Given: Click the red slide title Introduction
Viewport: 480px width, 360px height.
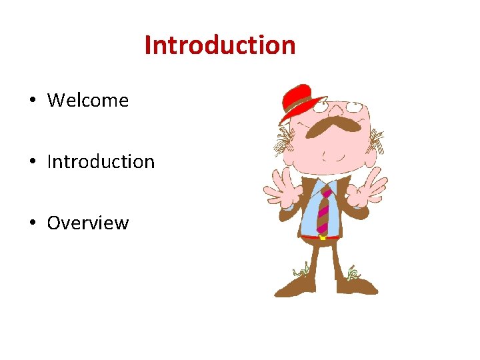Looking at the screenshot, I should tap(220, 46).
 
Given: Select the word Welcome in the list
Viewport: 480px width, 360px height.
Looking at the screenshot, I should tap(88, 101).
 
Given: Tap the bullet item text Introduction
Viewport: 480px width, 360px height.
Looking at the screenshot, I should tap(101, 162).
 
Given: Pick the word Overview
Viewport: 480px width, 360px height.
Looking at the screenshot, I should tap(87, 223).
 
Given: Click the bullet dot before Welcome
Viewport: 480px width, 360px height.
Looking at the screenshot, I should tap(32, 101).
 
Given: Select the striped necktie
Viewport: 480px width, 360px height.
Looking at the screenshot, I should tap(323, 209).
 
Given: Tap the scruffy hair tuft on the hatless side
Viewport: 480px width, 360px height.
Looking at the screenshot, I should tap(376, 140).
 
